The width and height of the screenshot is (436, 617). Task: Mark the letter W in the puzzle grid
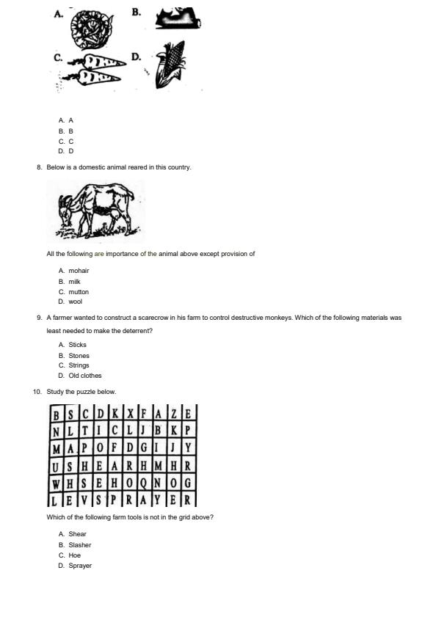point(57,483)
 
